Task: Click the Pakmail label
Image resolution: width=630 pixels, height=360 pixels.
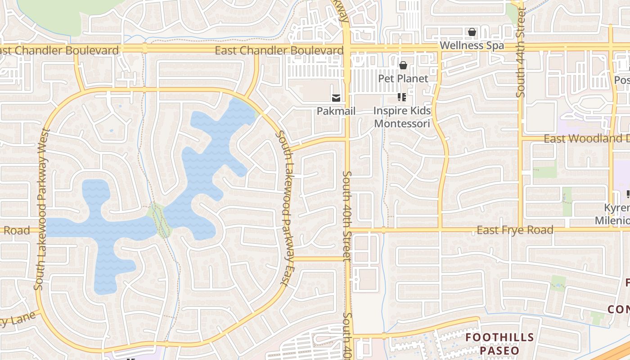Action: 336,111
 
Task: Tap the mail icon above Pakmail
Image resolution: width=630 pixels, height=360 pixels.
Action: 336,98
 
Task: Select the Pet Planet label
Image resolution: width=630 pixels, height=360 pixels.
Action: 403,78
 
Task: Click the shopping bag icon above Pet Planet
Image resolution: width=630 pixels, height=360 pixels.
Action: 403,66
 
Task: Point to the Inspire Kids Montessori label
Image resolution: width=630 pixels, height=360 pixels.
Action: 402,117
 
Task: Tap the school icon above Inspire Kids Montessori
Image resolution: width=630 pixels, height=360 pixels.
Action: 402,97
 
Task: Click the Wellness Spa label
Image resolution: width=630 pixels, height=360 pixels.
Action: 472,45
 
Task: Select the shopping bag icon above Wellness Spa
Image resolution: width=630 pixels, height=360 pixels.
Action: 472,32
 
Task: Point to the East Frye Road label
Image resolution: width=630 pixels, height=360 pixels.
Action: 515,230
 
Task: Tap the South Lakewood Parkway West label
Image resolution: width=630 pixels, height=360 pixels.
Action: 41,209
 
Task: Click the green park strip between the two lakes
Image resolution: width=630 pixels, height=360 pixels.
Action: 160,219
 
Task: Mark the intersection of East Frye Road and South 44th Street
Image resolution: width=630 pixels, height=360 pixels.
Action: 521,229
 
